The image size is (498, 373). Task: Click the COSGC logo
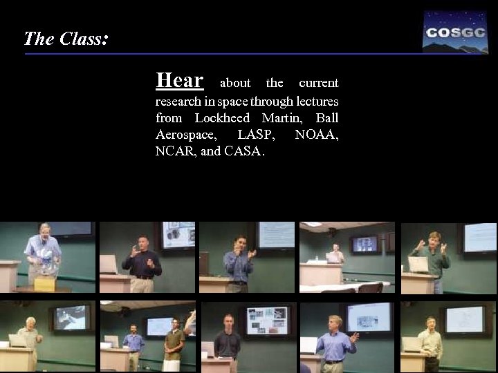(x=455, y=32)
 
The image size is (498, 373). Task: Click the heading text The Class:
(x=65, y=39)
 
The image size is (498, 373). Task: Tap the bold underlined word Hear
(x=179, y=81)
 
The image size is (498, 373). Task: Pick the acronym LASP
(x=254, y=135)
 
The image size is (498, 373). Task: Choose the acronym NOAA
(x=316, y=135)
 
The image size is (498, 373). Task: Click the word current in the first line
(x=318, y=84)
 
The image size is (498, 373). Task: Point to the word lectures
(x=314, y=102)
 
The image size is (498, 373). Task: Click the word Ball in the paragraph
(x=326, y=118)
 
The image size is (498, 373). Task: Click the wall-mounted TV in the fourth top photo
(x=364, y=244)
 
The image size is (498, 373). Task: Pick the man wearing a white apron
(x=173, y=345)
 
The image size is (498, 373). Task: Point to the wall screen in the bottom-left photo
(x=71, y=317)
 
